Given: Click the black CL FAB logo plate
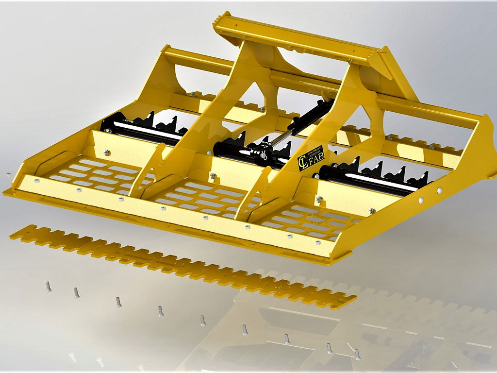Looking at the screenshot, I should (310, 158).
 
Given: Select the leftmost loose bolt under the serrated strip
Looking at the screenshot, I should (49, 287).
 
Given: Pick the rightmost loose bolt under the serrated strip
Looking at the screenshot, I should (357, 355).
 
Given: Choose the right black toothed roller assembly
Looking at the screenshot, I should (374, 177).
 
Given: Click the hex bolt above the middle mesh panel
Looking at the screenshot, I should (212, 174).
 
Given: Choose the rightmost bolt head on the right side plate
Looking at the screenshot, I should (440, 191).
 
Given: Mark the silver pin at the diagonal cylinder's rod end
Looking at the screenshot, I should (264, 156).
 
